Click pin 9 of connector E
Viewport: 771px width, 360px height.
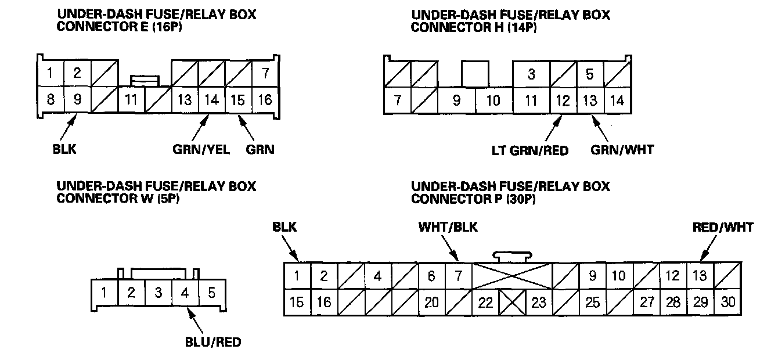point(77,99)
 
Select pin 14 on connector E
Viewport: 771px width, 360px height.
point(211,99)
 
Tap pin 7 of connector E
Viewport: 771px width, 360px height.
point(265,74)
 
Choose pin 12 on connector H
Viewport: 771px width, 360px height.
point(563,100)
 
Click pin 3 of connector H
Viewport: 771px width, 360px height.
point(531,74)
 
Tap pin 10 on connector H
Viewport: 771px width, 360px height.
point(493,100)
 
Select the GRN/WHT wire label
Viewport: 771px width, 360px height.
point(622,149)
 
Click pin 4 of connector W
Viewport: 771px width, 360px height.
point(185,292)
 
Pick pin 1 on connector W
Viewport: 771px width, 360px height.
point(104,292)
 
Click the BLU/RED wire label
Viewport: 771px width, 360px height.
point(212,342)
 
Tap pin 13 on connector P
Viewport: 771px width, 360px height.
point(700,276)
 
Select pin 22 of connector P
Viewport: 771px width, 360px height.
point(485,303)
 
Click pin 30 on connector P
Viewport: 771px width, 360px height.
point(728,303)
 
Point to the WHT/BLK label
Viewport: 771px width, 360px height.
point(448,227)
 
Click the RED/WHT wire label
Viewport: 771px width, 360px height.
point(723,227)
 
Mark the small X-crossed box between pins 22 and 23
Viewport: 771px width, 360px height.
point(512,303)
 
